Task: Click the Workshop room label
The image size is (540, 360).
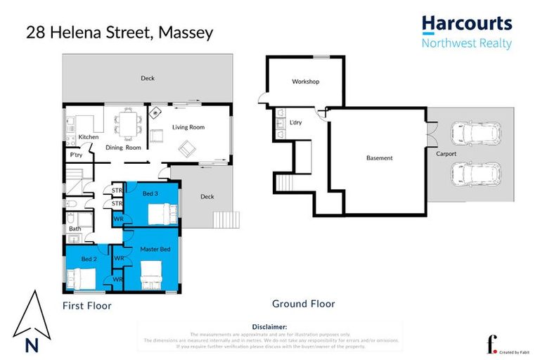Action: pyautogui.click(x=305, y=82)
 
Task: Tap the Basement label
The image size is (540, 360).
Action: pyautogui.click(x=380, y=158)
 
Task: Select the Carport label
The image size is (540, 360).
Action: pyautogui.click(x=446, y=154)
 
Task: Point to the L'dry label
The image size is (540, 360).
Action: pyautogui.click(x=296, y=123)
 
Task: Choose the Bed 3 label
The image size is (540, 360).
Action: pyautogui.click(x=150, y=193)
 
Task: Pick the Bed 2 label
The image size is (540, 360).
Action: pyautogui.click(x=89, y=259)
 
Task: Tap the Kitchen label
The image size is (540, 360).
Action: pyautogui.click(x=89, y=136)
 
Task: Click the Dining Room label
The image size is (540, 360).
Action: pyautogui.click(x=124, y=148)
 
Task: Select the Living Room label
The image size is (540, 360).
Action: pyautogui.click(x=188, y=127)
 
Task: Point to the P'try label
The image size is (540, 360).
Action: pyautogui.click(x=75, y=154)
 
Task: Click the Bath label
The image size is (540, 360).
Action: pyautogui.click(x=75, y=229)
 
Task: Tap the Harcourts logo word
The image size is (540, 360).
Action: pyautogui.click(x=467, y=24)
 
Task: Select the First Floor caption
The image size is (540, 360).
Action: pyautogui.click(x=87, y=306)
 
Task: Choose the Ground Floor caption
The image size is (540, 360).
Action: pyautogui.click(x=303, y=304)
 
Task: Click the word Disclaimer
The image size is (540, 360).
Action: pyautogui.click(x=269, y=327)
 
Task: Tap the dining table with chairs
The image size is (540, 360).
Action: pyautogui.click(x=128, y=124)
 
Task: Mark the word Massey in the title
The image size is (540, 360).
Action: pyautogui.click(x=185, y=32)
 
